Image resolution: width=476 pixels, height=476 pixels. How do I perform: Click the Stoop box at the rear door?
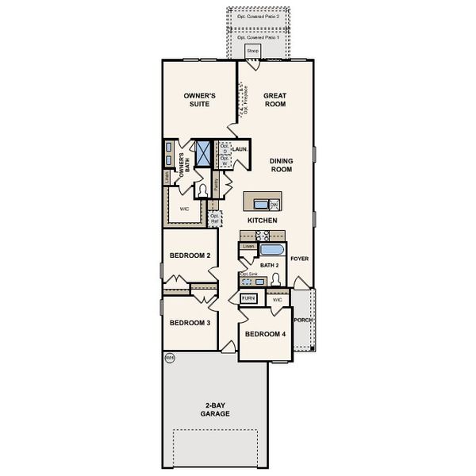tap(252, 52)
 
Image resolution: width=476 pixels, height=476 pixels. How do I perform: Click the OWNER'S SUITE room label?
tap(198, 99)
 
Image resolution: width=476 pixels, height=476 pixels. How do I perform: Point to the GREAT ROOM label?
tap(274, 99)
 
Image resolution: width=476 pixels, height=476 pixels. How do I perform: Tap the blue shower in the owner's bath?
tap(203, 152)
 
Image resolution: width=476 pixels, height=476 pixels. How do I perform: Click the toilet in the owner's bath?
tap(203, 190)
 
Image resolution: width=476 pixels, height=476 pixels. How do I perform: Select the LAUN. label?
tap(240, 148)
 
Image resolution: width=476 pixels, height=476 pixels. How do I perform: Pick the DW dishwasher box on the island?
tap(274, 204)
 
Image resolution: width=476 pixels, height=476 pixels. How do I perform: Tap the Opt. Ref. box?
tap(213, 216)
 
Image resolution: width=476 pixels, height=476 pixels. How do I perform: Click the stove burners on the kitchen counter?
tap(264, 234)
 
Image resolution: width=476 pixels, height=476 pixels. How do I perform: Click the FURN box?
tap(249, 298)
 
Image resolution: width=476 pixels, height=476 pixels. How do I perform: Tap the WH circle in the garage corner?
tap(169, 358)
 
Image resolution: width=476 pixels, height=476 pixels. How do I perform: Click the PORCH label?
tap(301, 321)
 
